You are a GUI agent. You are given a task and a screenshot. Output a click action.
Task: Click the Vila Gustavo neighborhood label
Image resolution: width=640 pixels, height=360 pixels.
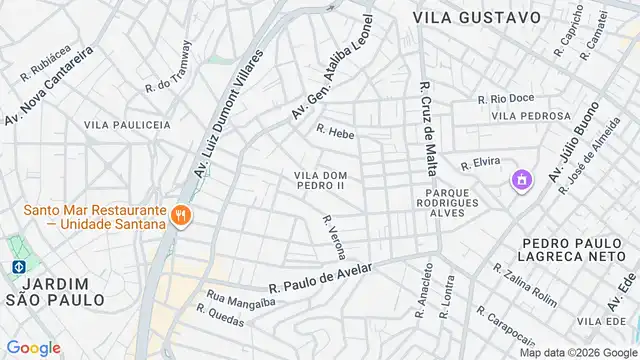477,17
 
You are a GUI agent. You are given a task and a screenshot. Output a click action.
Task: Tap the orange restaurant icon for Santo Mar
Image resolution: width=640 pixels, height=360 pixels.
181,214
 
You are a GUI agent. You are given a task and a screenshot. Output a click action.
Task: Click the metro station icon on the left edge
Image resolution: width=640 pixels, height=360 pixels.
18,267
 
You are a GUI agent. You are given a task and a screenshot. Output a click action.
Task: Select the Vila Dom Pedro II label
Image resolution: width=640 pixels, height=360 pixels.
320,180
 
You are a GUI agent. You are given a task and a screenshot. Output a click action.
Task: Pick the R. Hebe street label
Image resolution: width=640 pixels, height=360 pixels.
335,131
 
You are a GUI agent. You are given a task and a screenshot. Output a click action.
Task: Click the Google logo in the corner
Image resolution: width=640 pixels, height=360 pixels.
34,347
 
